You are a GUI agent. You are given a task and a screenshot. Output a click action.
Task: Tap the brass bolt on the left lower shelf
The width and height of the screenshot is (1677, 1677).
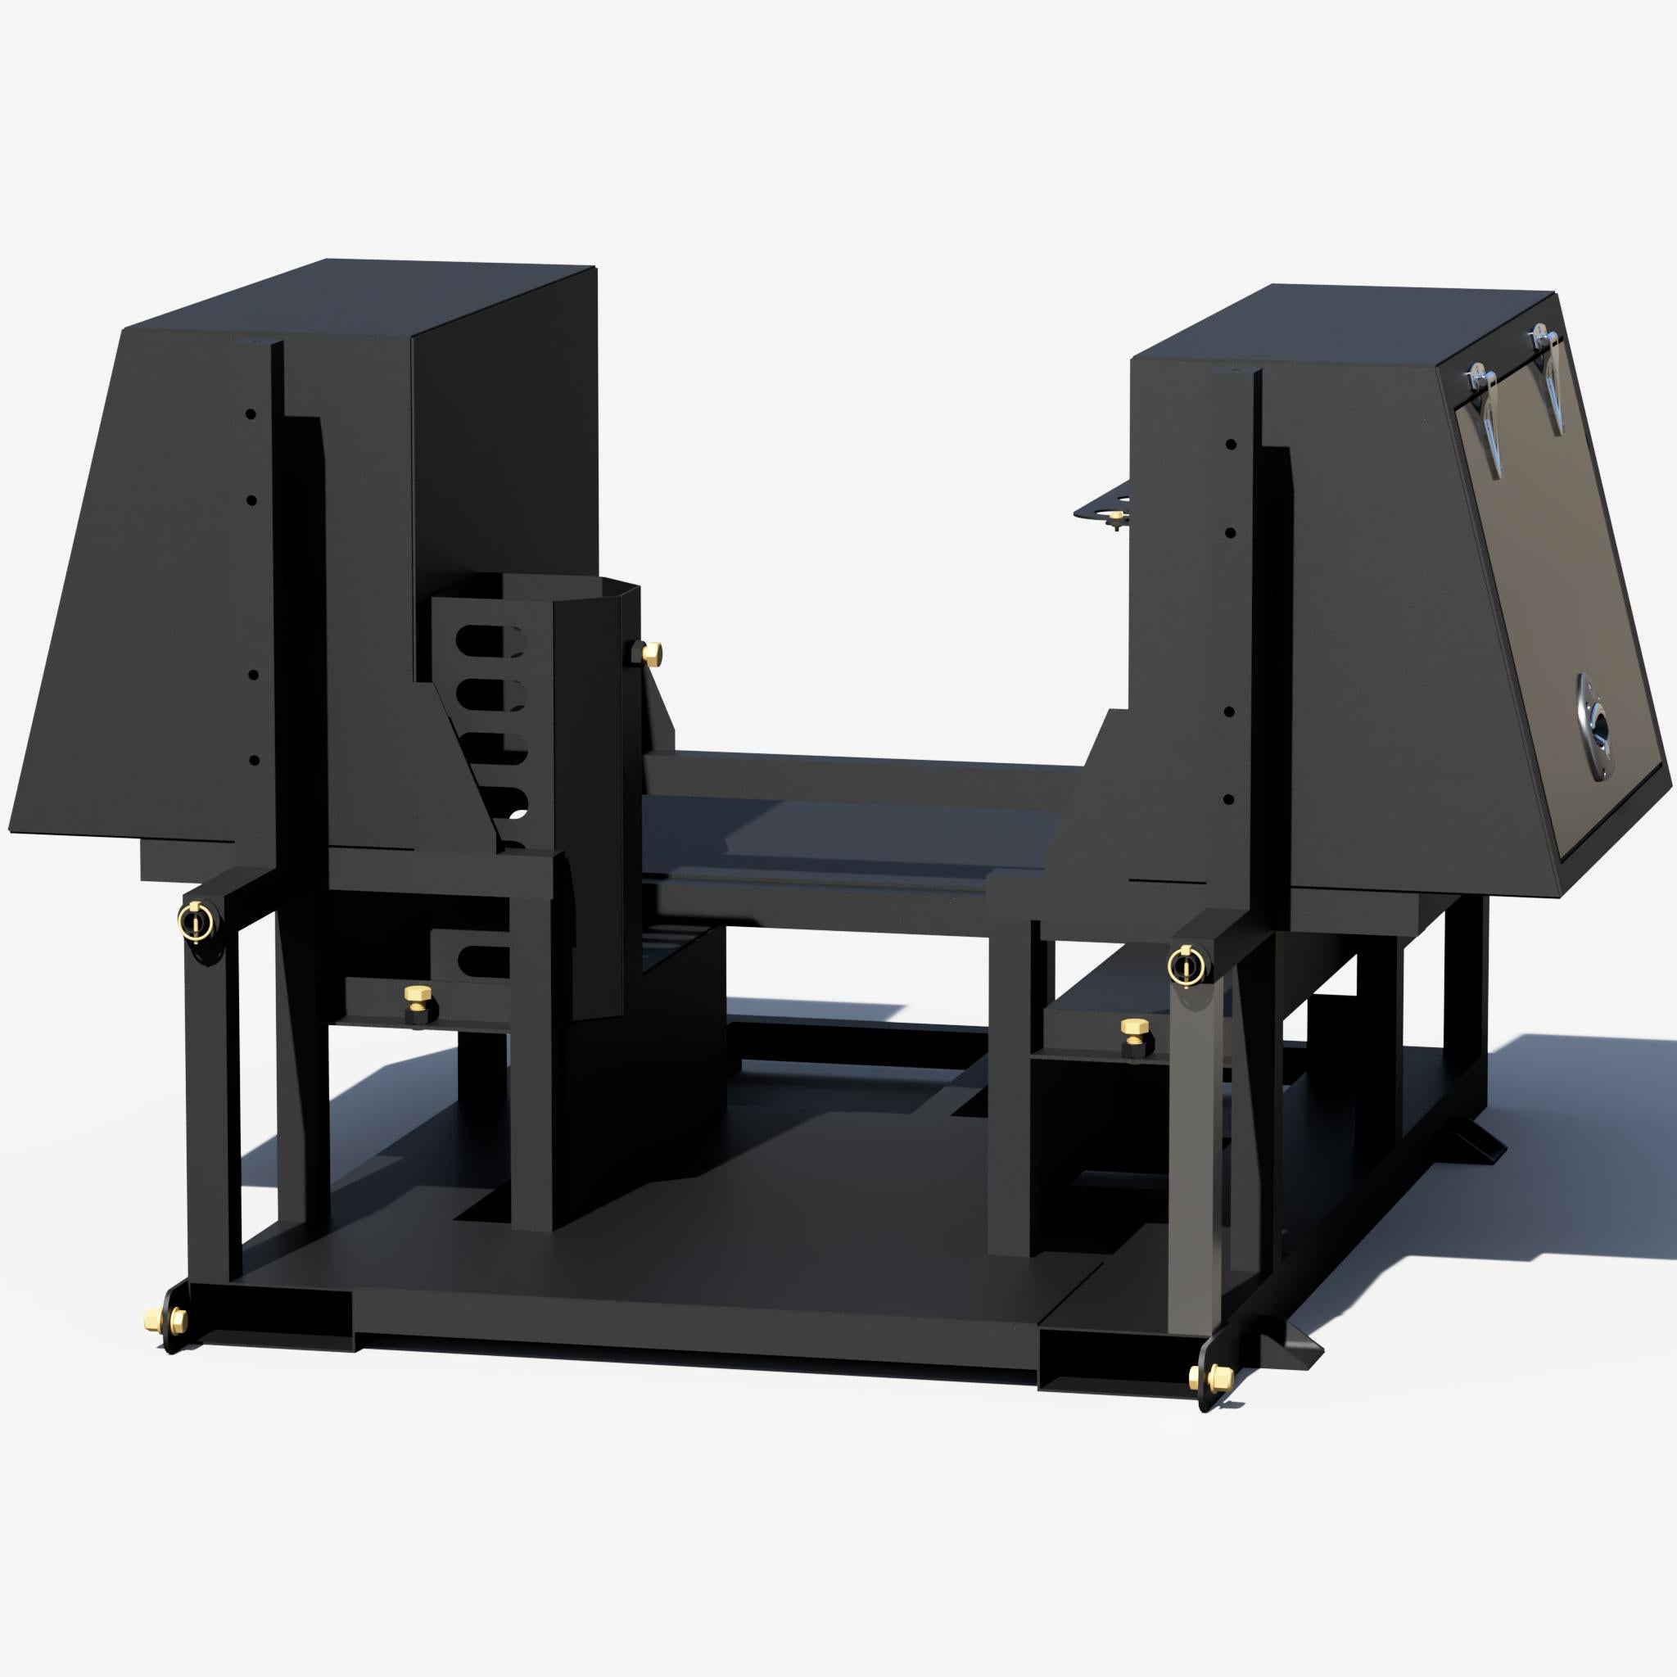coord(418,996)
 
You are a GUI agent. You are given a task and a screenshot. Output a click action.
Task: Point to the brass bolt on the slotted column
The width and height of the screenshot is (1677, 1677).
coord(649,653)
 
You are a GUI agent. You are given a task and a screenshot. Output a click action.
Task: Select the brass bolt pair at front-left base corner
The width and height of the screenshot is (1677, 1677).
coord(165,1320)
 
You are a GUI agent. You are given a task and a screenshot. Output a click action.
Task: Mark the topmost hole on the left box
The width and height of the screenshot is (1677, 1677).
coord(251,414)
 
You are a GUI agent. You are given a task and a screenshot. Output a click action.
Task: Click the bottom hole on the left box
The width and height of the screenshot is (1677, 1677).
coord(254,761)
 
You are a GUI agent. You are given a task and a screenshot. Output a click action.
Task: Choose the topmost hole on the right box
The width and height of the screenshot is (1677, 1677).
coord(1231,445)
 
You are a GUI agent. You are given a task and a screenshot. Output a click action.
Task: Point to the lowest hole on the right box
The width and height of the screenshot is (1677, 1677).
coord(1228,798)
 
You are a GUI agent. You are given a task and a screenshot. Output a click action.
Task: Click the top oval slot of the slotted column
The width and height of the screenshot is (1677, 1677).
coord(490,640)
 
